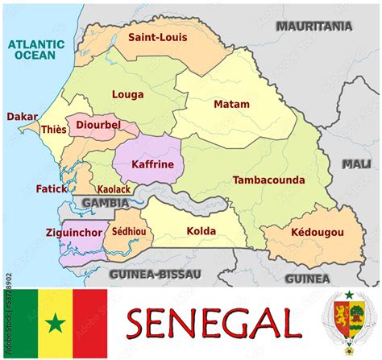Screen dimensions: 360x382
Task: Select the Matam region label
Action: pos(231,104)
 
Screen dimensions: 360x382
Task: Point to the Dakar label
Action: pos(22,117)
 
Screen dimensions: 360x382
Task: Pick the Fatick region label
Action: pos(52,188)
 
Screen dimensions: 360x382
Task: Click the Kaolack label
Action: pos(114,188)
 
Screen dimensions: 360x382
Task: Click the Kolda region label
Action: pos(201,231)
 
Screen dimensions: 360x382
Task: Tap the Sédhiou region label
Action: pos(129,232)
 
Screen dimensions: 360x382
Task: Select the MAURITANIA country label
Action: pos(314,26)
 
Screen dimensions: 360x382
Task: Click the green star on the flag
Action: pos(55,325)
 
